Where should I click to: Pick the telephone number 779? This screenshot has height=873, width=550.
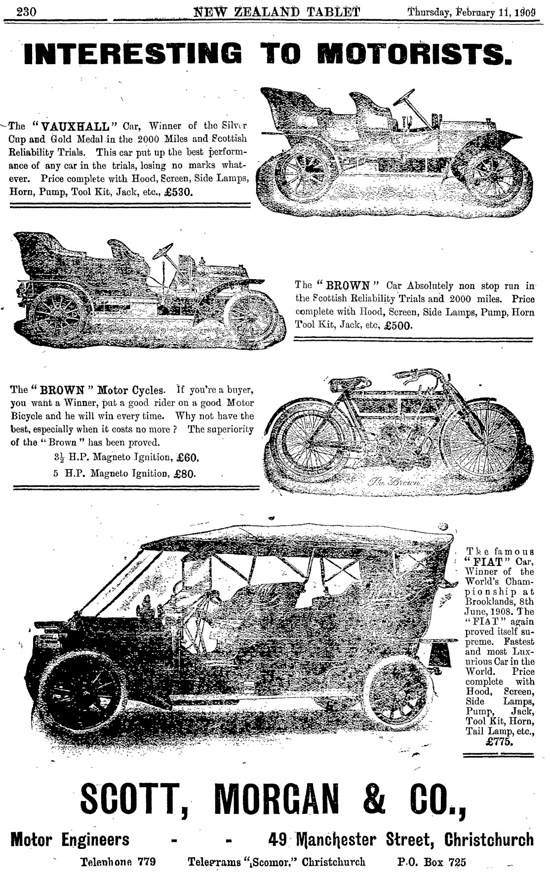(147, 862)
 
